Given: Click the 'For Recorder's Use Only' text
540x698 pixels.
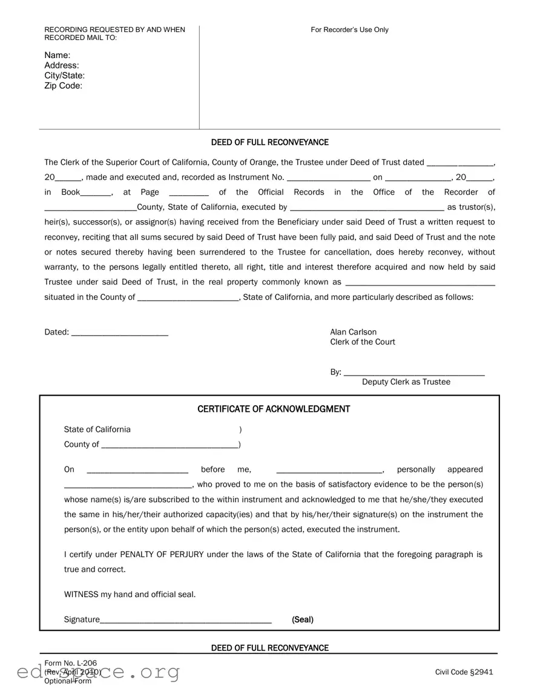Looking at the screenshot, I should point(349,30).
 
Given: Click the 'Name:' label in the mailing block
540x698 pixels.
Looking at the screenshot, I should point(58,55).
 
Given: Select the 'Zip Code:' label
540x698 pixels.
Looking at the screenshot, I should point(63,86).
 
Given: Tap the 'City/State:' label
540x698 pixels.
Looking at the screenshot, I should point(64,76).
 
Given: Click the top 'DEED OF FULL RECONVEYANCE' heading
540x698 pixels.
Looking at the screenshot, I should point(269,142).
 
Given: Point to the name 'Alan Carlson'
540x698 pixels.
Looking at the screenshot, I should point(353,332).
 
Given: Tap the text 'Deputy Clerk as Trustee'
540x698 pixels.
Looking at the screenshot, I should point(406,382).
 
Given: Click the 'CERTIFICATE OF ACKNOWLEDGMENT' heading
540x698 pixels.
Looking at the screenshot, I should point(274,409).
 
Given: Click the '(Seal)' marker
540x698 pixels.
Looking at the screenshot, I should point(302,619).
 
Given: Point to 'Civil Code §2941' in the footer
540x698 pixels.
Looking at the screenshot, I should point(464,672).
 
